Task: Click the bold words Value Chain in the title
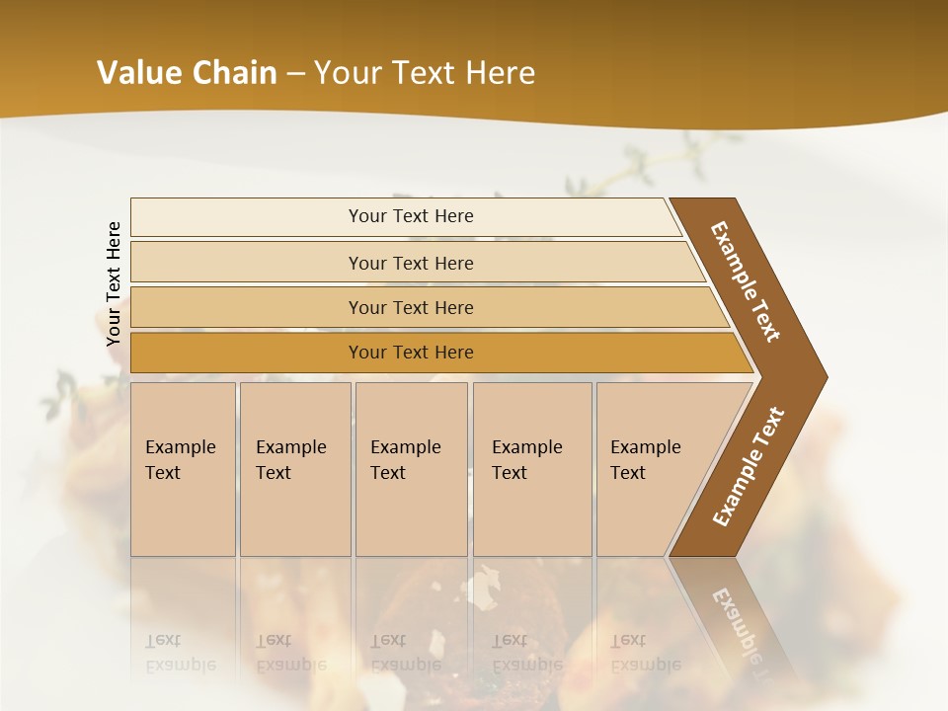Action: pyautogui.click(x=187, y=73)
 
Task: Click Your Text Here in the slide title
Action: pyautogui.click(x=425, y=73)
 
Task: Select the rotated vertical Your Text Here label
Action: pyautogui.click(x=114, y=284)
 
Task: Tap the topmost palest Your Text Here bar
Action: pyautogui.click(x=410, y=216)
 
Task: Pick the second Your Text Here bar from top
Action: pyautogui.click(x=410, y=263)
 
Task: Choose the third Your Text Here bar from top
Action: pyautogui.click(x=410, y=307)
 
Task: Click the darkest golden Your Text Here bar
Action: pyautogui.click(x=410, y=353)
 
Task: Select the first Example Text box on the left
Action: pyautogui.click(x=183, y=468)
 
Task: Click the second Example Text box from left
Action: pyautogui.click(x=294, y=468)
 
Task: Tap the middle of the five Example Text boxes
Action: pyautogui.click(x=411, y=468)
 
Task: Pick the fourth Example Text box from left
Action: pyautogui.click(x=531, y=468)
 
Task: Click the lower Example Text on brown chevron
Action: pyautogui.click(x=748, y=466)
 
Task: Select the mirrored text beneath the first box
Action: pyautogui.click(x=180, y=653)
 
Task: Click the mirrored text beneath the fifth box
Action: pyautogui.click(x=645, y=653)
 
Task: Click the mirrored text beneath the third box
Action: pyautogui.click(x=405, y=653)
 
